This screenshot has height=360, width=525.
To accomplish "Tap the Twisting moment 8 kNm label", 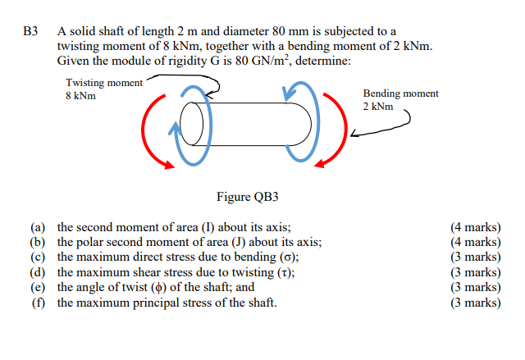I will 103,89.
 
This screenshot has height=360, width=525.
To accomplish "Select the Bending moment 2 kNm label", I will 400,100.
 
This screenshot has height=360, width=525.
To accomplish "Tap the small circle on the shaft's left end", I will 189,124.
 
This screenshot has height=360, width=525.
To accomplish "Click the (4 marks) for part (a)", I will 476,227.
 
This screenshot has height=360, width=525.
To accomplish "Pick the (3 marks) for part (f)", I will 476,303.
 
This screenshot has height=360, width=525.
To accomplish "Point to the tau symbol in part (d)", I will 284,272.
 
